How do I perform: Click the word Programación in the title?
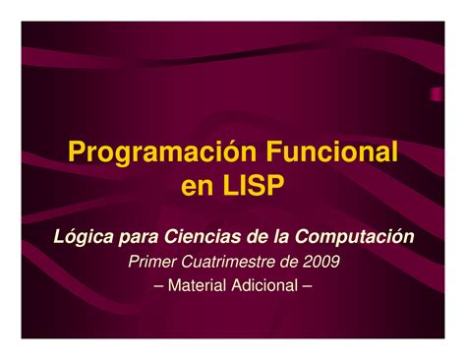click(162, 153)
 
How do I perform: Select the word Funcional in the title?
click(331, 151)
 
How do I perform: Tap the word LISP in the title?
click(254, 185)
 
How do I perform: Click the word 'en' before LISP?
click(197, 188)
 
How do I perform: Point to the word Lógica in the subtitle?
click(84, 237)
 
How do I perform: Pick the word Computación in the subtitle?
click(354, 237)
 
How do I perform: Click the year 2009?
click(321, 262)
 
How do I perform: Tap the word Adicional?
click(264, 285)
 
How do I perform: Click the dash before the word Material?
click(158, 286)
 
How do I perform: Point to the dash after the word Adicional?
click(307, 286)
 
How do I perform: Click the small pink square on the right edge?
click(436, 94)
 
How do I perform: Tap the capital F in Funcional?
click(273, 151)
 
